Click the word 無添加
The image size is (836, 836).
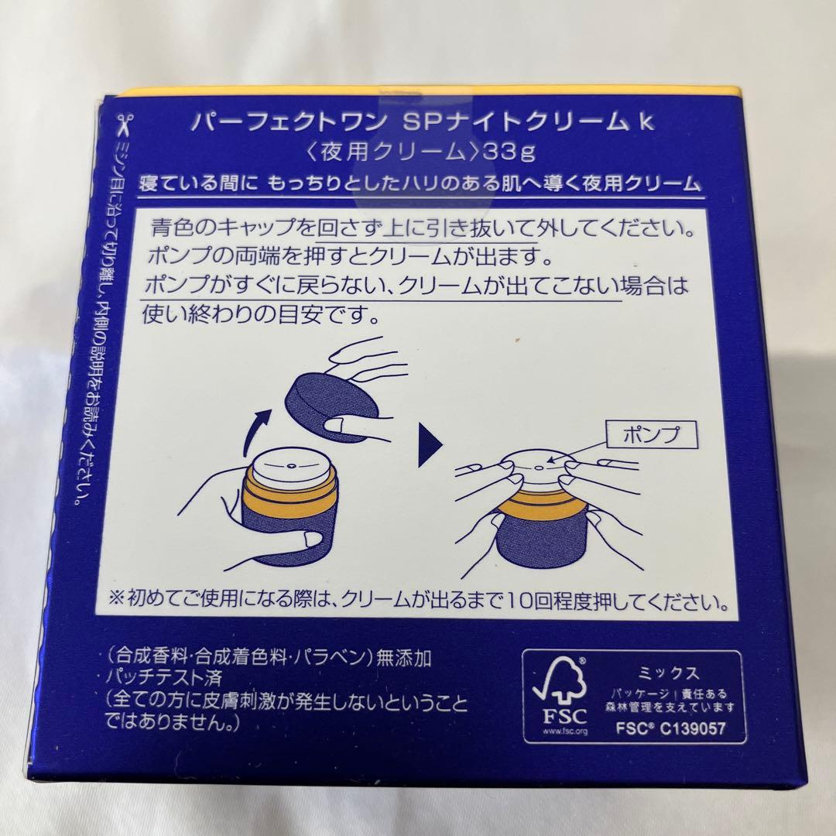click(x=403, y=658)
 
